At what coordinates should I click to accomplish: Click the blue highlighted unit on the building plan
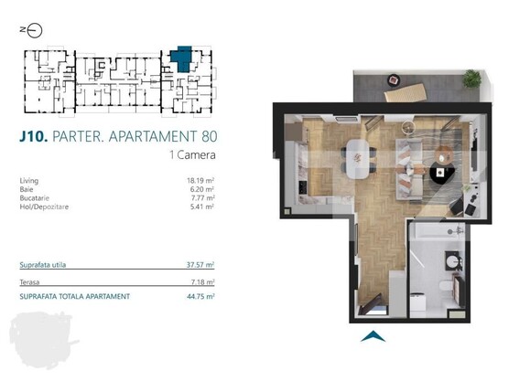[x=183, y=58]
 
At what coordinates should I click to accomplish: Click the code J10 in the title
[x=34, y=137]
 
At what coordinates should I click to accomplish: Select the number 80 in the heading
[x=208, y=137]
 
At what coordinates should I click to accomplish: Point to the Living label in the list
[x=29, y=181]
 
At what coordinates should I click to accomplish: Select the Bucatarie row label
[x=36, y=197]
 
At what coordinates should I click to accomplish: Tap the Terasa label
[x=30, y=283]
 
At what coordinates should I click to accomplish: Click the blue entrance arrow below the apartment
[x=372, y=336]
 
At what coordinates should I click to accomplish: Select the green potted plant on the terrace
[x=472, y=79]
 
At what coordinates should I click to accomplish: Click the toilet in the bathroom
[x=444, y=289]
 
